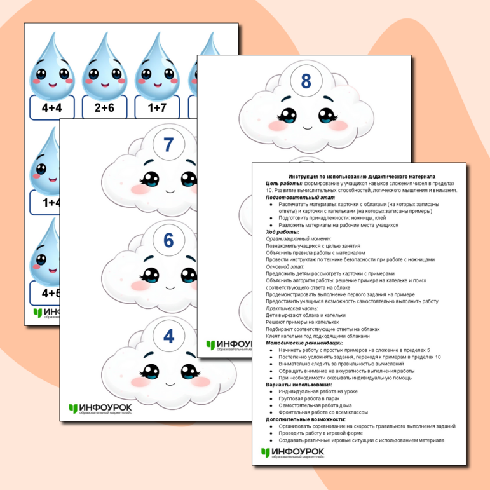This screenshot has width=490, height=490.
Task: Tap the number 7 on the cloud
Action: [168, 144]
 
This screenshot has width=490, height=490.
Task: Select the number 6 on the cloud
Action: [168, 240]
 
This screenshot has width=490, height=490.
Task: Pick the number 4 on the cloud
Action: [168, 336]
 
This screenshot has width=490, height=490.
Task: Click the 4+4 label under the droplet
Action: [52, 108]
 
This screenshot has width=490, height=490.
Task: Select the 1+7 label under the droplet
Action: [156, 108]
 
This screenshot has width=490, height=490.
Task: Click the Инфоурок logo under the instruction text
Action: [292, 453]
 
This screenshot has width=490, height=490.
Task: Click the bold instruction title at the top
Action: [362, 175]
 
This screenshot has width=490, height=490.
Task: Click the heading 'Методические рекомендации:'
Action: [304, 343]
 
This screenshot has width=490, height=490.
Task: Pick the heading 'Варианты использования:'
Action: [299, 385]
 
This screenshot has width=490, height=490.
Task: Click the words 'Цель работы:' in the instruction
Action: [284, 183]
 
